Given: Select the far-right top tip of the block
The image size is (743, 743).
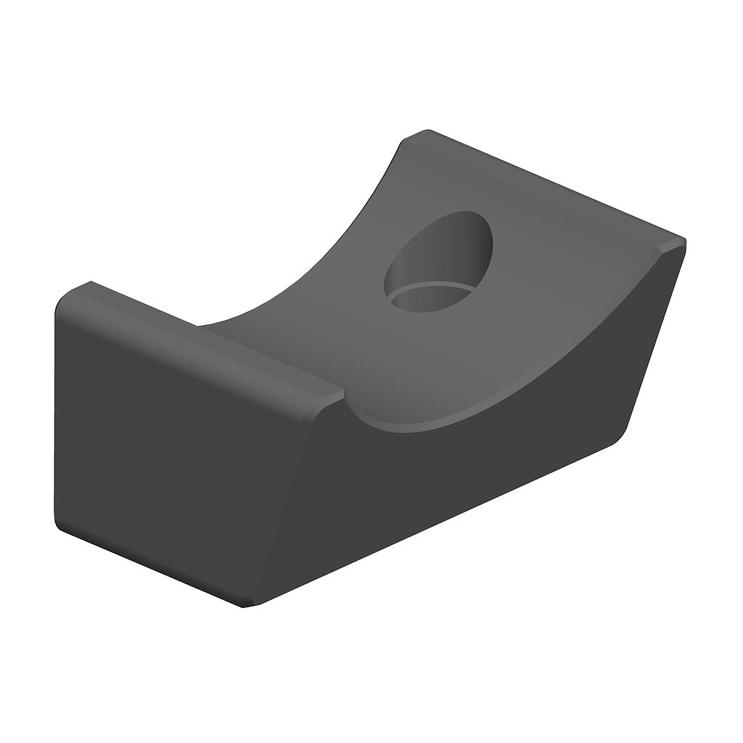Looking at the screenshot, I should [x=682, y=242].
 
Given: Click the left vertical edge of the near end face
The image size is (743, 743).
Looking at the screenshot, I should [x=55, y=414].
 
